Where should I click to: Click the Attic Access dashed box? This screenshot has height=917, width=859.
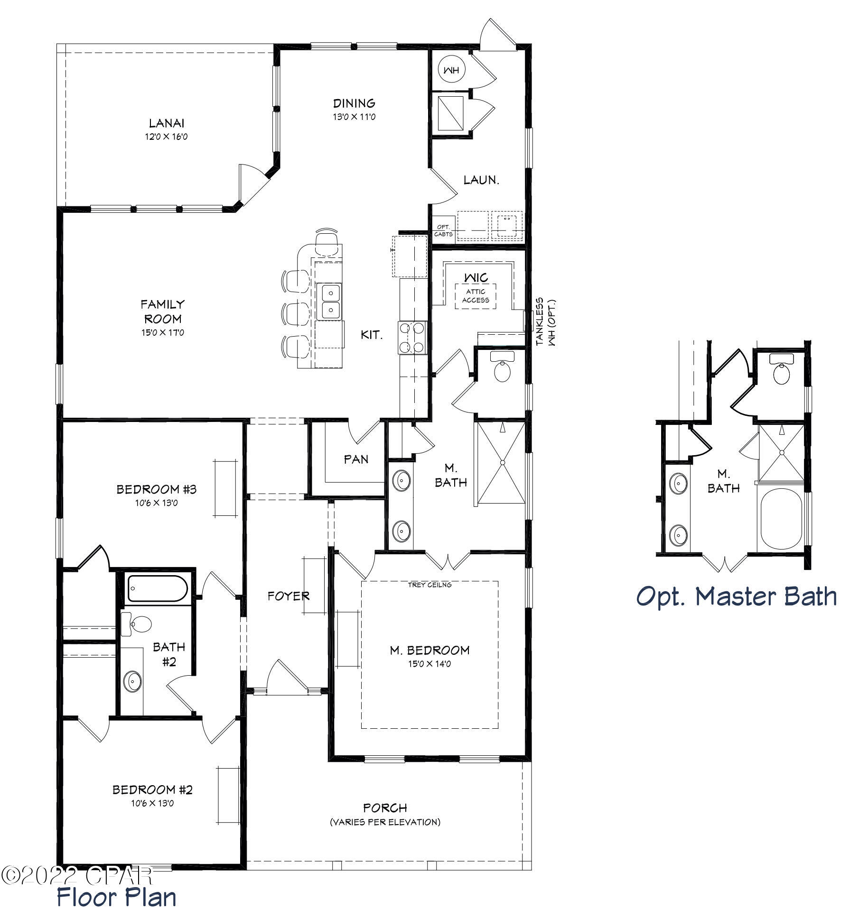[476, 296]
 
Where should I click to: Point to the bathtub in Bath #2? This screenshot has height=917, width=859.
[157, 589]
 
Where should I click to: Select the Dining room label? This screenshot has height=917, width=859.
[354, 103]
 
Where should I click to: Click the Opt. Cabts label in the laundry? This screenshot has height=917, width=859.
[443, 231]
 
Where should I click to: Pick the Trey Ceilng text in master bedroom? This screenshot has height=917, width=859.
[429, 585]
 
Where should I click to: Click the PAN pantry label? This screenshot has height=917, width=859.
[356, 459]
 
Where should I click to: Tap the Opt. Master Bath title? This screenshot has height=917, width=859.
[736, 596]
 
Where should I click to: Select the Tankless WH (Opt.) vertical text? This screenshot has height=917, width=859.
[545, 322]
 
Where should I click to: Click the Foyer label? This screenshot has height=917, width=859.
[288, 596]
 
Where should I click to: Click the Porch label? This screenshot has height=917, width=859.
[385, 807]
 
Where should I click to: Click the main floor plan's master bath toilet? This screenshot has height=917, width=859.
[503, 368]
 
